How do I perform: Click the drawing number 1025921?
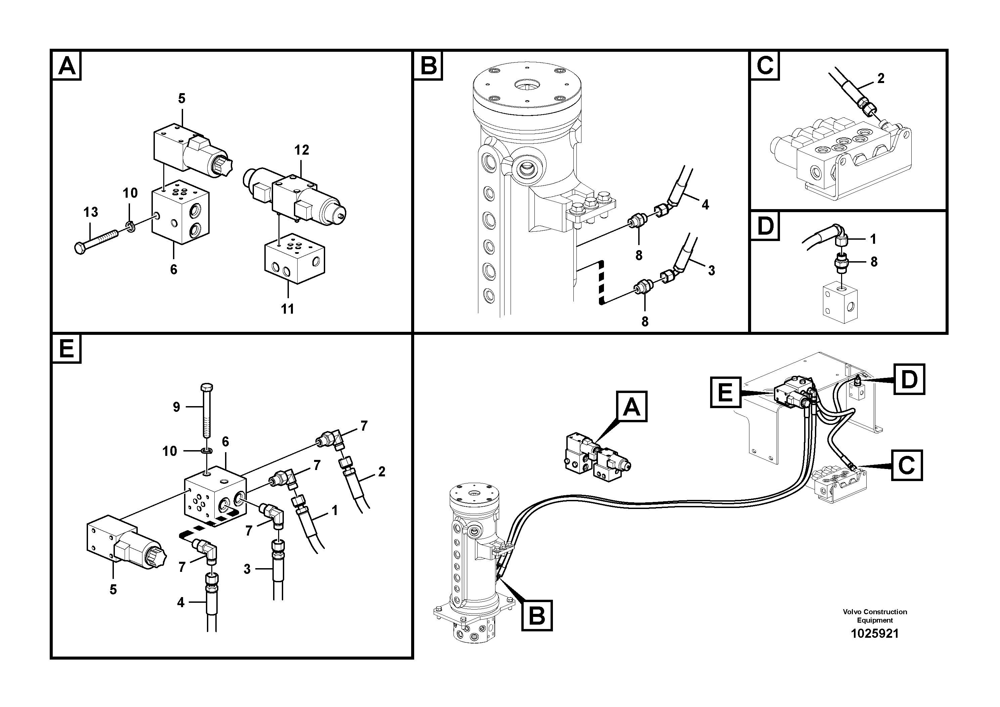875,633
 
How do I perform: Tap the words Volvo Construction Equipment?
875,616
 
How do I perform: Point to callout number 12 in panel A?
301,150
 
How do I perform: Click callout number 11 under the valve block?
288,309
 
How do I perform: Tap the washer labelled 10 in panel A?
129,225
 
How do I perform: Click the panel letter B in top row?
428,66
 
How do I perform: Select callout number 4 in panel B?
705,204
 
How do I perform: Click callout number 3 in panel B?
711,271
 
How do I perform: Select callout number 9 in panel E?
176,407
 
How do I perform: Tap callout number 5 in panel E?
113,590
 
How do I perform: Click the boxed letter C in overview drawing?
906,465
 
